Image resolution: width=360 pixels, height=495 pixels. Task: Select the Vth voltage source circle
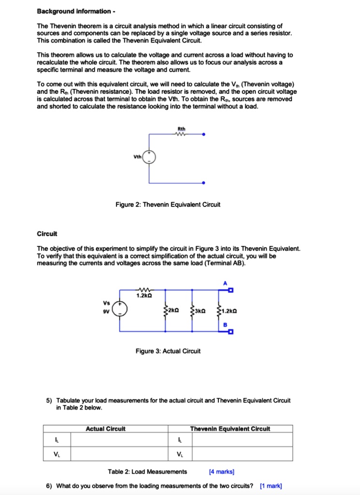(149, 157)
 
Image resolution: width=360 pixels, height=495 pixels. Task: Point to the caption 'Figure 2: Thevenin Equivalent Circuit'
(168, 204)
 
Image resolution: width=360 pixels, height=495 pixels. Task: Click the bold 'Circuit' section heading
(47, 234)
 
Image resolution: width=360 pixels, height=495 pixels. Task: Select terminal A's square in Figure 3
(231, 291)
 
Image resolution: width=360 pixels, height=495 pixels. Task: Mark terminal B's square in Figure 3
(231, 332)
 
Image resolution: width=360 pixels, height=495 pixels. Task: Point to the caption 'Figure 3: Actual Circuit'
(168, 351)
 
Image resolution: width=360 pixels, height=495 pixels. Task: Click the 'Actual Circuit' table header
(105, 429)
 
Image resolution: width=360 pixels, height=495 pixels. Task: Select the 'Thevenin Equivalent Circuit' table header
(230, 429)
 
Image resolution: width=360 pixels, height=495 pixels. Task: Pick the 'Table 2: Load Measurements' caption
(147, 472)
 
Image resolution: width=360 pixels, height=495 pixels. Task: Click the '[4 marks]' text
(221, 472)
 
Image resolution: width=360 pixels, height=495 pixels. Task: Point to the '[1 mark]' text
(271, 486)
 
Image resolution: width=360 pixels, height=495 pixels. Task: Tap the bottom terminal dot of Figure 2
(203, 183)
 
